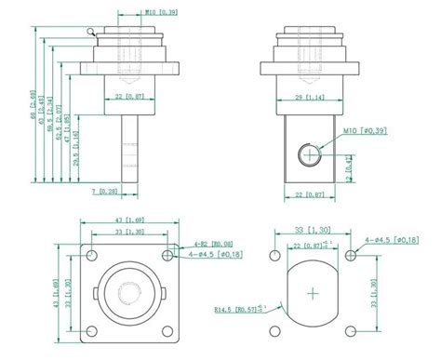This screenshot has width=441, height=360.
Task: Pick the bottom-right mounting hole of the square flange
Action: tap(167, 331)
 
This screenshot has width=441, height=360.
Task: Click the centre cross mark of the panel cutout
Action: tap(312, 293)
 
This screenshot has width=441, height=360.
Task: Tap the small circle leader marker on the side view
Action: tap(89, 31)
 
